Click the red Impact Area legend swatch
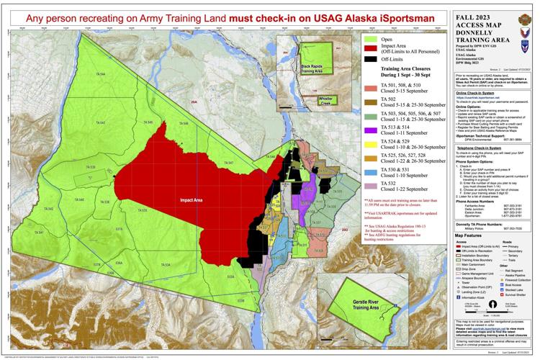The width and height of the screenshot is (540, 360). pos(371,51)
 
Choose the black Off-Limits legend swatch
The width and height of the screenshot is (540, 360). pos(371,63)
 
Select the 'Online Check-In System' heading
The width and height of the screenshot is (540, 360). pos(468,93)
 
